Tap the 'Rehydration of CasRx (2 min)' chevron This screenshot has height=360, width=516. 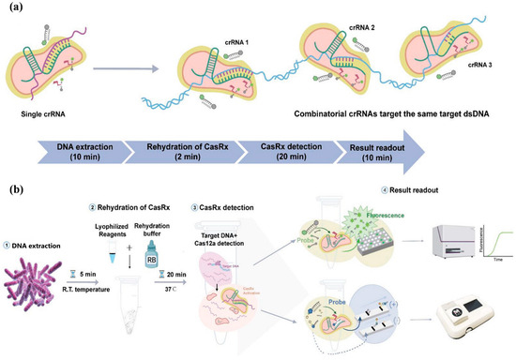click(x=180, y=149)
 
